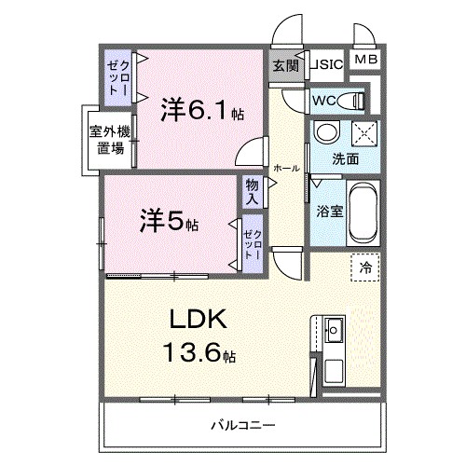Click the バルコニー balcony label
[x=241, y=425]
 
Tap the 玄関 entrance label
[x=285, y=65]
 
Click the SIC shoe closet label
[x=329, y=65]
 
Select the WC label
[x=325, y=100]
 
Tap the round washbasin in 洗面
[x=326, y=132]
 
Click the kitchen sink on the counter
[x=333, y=329]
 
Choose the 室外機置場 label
[x=109, y=140]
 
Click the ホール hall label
[x=286, y=169]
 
